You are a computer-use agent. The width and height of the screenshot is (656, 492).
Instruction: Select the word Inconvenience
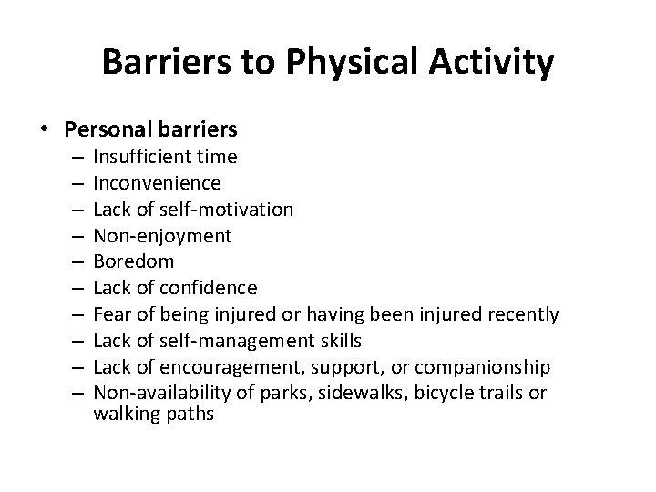[157, 183]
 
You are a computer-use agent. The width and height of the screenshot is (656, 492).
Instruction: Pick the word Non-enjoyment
[162, 236]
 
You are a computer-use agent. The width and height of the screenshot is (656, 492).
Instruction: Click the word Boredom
[133, 262]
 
